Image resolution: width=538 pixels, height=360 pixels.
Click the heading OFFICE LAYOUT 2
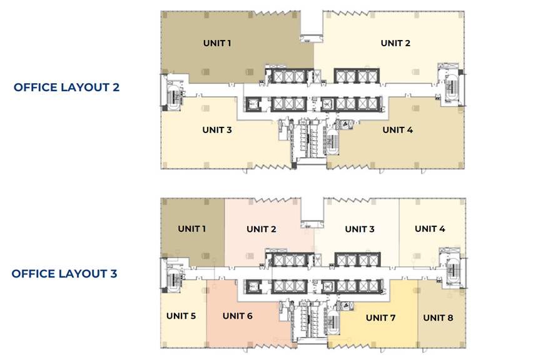click(66, 87)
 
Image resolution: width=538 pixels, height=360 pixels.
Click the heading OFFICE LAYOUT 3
click(64, 274)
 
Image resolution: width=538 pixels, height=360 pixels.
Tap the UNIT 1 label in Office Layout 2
click(217, 43)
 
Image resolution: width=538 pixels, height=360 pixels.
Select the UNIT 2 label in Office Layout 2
click(395, 43)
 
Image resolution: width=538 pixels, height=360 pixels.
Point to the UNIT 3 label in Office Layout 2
click(217, 130)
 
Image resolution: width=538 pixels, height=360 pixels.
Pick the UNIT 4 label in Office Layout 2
click(398, 130)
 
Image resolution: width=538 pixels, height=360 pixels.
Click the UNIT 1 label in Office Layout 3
click(192, 229)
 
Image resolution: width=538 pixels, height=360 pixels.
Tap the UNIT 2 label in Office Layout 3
click(261, 229)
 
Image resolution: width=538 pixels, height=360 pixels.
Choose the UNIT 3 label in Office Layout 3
click(360, 229)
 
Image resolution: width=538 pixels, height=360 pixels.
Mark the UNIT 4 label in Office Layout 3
click(430, 229)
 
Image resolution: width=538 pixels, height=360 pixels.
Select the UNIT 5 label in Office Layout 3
click(181, 316)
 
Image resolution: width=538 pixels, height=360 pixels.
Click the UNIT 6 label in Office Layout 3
click(238, 316)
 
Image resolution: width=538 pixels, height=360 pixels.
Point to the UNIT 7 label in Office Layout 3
click(381, 318)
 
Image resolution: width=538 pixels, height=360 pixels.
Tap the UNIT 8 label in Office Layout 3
click(438, 318)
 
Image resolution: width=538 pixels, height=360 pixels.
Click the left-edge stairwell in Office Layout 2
click(174, 97)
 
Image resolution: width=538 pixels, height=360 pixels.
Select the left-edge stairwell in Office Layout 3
click(174, 280)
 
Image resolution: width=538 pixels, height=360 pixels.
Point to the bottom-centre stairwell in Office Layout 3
click(332, 322)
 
